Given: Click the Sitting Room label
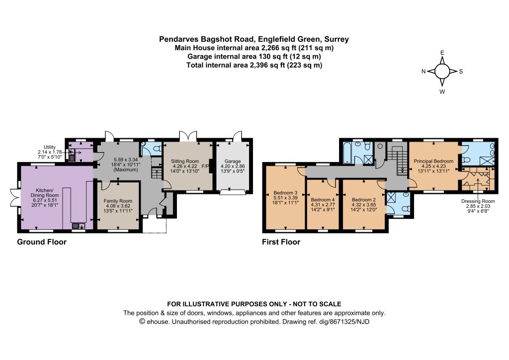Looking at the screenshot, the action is point(185,161).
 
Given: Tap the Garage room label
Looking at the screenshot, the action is point(233,161).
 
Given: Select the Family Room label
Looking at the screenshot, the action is point(118,201).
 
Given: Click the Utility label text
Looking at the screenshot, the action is point(50,147).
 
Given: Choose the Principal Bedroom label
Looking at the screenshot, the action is point(433,161).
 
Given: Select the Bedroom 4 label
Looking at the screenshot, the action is point(323,199).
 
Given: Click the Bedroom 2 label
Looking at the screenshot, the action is point(363,199).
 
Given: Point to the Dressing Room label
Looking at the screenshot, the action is point(478,201).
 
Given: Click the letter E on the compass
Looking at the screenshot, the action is point(442,53).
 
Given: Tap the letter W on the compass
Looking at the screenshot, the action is point(442,92).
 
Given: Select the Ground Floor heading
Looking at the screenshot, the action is point(42,242).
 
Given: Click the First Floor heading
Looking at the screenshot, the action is point(281,242).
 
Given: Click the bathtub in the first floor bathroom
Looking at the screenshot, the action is point(347,152).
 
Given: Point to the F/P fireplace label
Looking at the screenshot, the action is point(205,166).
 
